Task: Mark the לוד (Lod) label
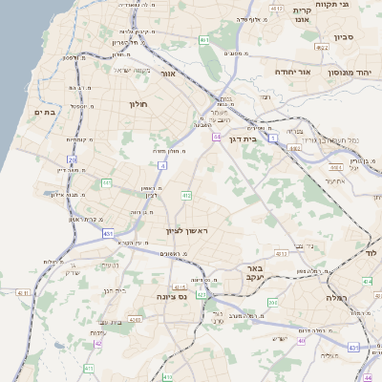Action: pos(371,252)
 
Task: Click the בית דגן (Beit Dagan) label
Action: pos(244,138)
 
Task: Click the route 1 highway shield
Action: pos(272,138)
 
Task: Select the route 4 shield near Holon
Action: pos(162,166)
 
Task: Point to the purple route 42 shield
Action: pos(97,344)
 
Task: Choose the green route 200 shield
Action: pos(272,303)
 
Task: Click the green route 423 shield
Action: pos(202,295)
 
